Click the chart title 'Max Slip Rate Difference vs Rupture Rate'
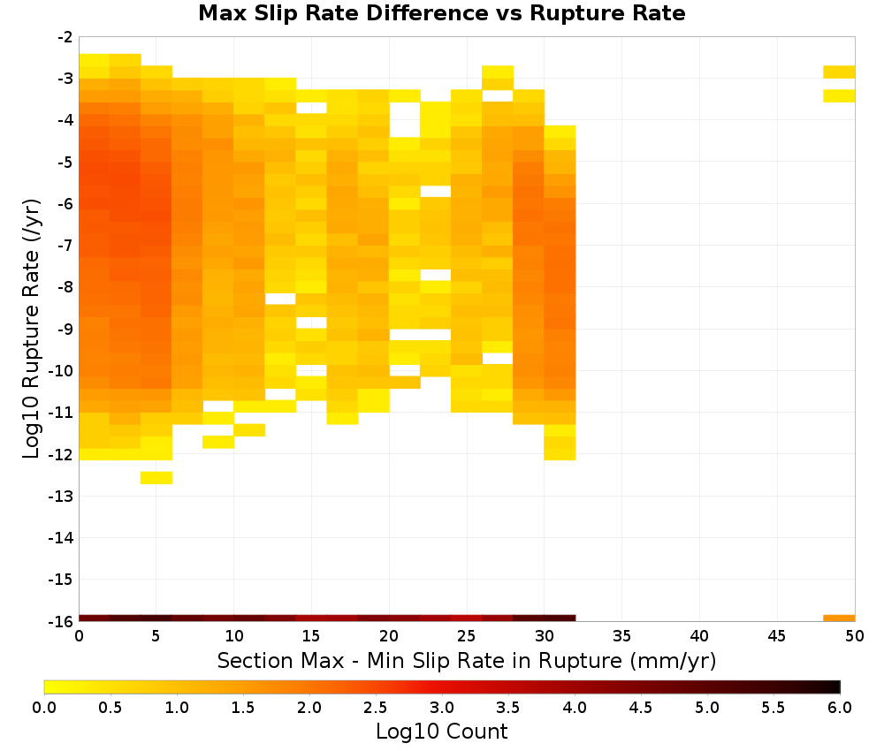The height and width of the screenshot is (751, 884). [441, 13]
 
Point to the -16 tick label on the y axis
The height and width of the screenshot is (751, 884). [60, 621]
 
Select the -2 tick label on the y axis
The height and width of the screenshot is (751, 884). [65, 37]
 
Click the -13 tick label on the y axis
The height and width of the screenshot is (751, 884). [60, 497]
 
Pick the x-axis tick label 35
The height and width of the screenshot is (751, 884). [621, 637]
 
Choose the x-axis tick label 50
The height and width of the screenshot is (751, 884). [855, 637]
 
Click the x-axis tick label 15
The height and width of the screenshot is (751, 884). [310, 637]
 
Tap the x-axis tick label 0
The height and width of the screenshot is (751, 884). [79, 637]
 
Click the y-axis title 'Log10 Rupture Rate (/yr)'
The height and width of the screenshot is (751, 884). [31, 329]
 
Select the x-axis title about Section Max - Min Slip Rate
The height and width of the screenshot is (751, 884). [467, 661]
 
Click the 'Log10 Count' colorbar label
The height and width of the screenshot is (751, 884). [441, 732]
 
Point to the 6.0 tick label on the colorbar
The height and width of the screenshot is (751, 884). [840, 708]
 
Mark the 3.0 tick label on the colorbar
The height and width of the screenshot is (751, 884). [441, 708]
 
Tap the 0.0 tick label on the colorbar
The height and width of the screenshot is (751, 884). [44, 708]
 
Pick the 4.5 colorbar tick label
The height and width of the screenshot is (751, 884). [640, 708]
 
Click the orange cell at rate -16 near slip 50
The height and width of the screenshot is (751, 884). [839, 618]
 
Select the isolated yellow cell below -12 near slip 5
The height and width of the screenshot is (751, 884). [156, 478]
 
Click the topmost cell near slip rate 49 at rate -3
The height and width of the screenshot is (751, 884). [839, 72]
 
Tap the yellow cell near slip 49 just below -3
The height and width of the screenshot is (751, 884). [839, 95]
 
